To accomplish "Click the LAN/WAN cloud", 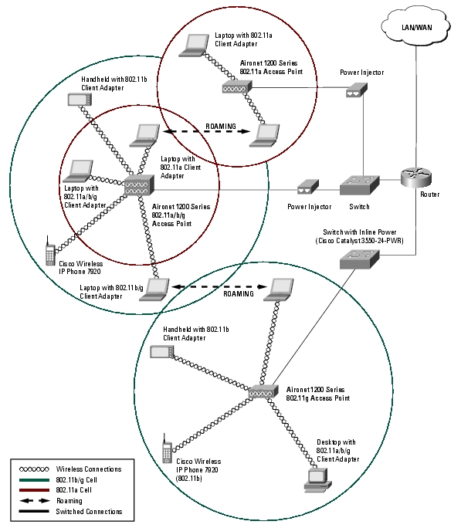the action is pyautogui.click(x=416, y=27).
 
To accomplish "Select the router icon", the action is pyautogui.click(x=416, y=178).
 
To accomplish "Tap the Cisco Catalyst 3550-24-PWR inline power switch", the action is pyautogui.click(x=359, y=259).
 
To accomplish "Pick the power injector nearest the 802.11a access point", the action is pyautogui.click(x=357, y=90).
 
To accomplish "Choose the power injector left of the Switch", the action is pyautogui.click(x=308, y=187).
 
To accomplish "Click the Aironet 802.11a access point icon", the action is pyautogui.click(x=237, y=87).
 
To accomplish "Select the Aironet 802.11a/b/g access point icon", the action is pyautogui.click(x=139, y=184).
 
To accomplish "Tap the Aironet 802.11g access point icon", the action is pyautogui.click(x=263, y=391).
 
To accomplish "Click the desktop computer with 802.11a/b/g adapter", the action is pyautogui.click(x=317, y=480).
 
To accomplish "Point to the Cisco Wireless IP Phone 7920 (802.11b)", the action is pyautogui.click(x=167, y=448).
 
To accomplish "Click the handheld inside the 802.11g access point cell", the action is pyautogui.click(x=162, y=351).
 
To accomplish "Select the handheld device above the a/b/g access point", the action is pyautogui.click(x=80, y=100).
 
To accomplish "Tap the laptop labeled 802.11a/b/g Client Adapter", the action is pyautogui.click(x=78, y=171).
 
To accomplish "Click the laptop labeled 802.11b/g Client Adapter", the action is pyautogui.click(x=155, y=289).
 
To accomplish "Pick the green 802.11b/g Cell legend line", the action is pyautogui.click(x=34, y=479).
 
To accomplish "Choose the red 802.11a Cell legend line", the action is pyautogui.click(x=34, y=490).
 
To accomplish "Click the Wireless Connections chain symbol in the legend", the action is pyautogui.click(x=34, y=469).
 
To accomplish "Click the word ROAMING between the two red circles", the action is pyautogui.click(x=221, y=127).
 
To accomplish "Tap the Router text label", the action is pyautogui.click(x=429, y=195).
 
